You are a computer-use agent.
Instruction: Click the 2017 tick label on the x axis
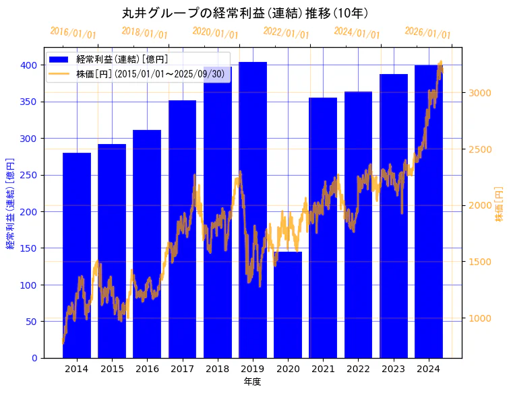(182, 369)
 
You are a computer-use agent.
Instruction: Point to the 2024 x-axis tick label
(429, 369)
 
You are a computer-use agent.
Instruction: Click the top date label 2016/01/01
(73, 33)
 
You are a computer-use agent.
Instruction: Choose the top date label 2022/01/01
(286, 33)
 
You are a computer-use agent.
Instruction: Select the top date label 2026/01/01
(427, 33)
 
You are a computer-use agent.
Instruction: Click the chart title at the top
(245, 13)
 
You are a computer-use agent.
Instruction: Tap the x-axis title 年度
(252, 382)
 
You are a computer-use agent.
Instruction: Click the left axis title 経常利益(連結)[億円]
(10, 203)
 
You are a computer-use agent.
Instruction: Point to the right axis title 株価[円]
(500, 205)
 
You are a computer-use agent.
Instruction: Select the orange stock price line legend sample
(60, 73)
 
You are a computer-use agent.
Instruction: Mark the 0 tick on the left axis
(34, 358)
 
